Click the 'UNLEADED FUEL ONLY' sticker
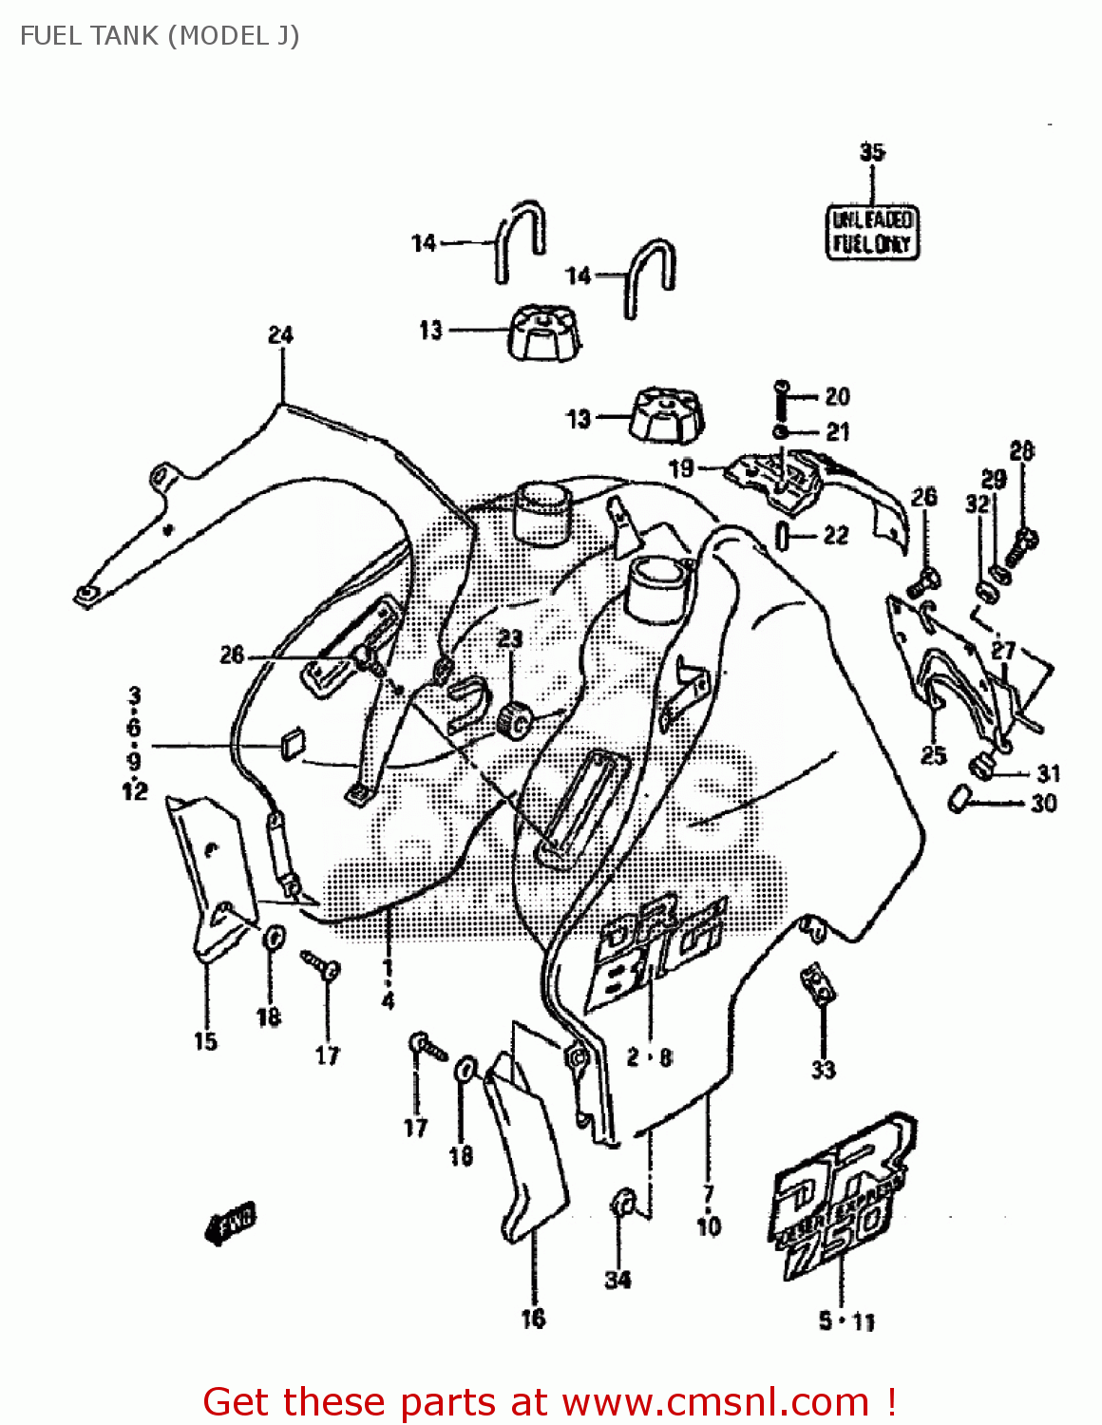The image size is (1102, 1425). [x=871, y=232]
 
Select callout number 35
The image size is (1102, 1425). [x=872, y=152]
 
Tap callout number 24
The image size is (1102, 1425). [x=280, y=334]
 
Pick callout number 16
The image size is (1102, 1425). [x=533, y=1318]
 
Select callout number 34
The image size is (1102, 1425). [x=617, y=1280]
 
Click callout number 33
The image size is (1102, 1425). [x=823, y=1070]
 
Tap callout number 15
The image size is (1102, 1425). [x=205, y=1041]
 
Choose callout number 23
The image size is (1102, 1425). [x=510, y=638]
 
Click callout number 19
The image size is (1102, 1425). [x=681, y=467]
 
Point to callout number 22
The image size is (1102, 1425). [x=835, y=536]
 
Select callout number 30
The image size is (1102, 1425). [x=1043, y=804]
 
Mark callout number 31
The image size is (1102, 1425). [x=1048, y=773]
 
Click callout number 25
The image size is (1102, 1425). [x=934, y=755]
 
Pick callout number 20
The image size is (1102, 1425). [x=837, y=396]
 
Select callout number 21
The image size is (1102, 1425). [x=837, y=432]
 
